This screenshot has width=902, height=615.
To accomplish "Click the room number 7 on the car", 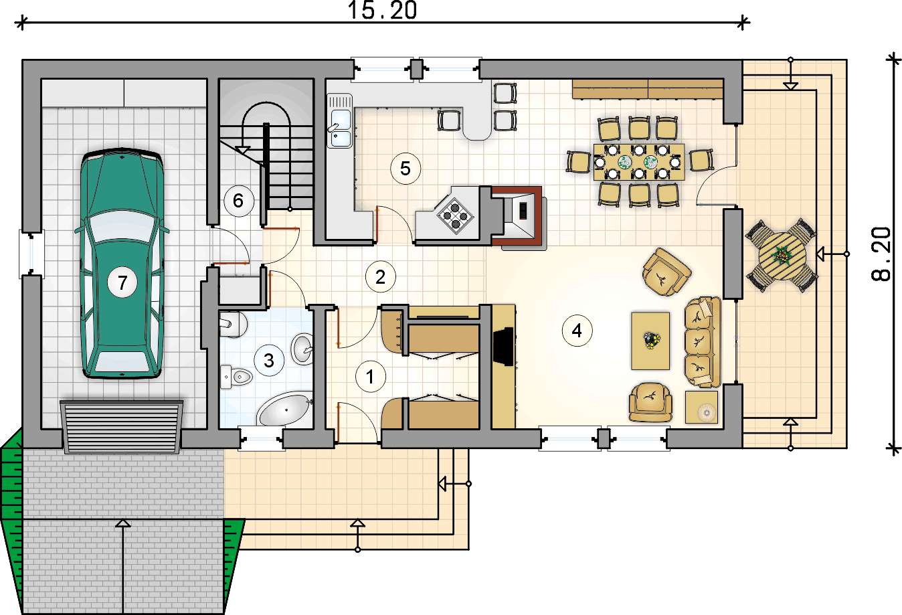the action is (x=122, y=282).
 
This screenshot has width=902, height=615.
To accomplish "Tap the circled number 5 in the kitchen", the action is (x=405, y=169).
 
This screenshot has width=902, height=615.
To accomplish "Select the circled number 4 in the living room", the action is (x=577, y=331).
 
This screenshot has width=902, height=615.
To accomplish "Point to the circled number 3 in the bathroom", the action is (x=269, y=360).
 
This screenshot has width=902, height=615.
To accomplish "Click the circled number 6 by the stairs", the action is (x=239, y=201).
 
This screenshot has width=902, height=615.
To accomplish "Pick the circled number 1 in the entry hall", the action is (x=371, y=377).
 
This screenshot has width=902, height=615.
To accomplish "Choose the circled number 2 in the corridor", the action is (x=381, y=277).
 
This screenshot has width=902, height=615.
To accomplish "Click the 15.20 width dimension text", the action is (x=382, y=10).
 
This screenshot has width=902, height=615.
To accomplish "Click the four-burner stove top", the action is (x=455, y=216).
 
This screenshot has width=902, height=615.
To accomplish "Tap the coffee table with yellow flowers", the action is (x=650, y=341).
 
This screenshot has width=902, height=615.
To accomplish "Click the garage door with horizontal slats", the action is (x=122, y=427).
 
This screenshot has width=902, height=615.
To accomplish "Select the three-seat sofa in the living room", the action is (x=703, y=343).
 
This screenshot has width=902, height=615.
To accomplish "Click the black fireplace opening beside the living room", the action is (x=503, y=347).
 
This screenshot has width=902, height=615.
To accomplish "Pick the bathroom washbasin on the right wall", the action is (x=302, y=349).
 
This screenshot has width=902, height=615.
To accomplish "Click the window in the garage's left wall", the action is (x=31, y=254).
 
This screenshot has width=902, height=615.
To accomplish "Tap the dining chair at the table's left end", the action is (x=579, y=161).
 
